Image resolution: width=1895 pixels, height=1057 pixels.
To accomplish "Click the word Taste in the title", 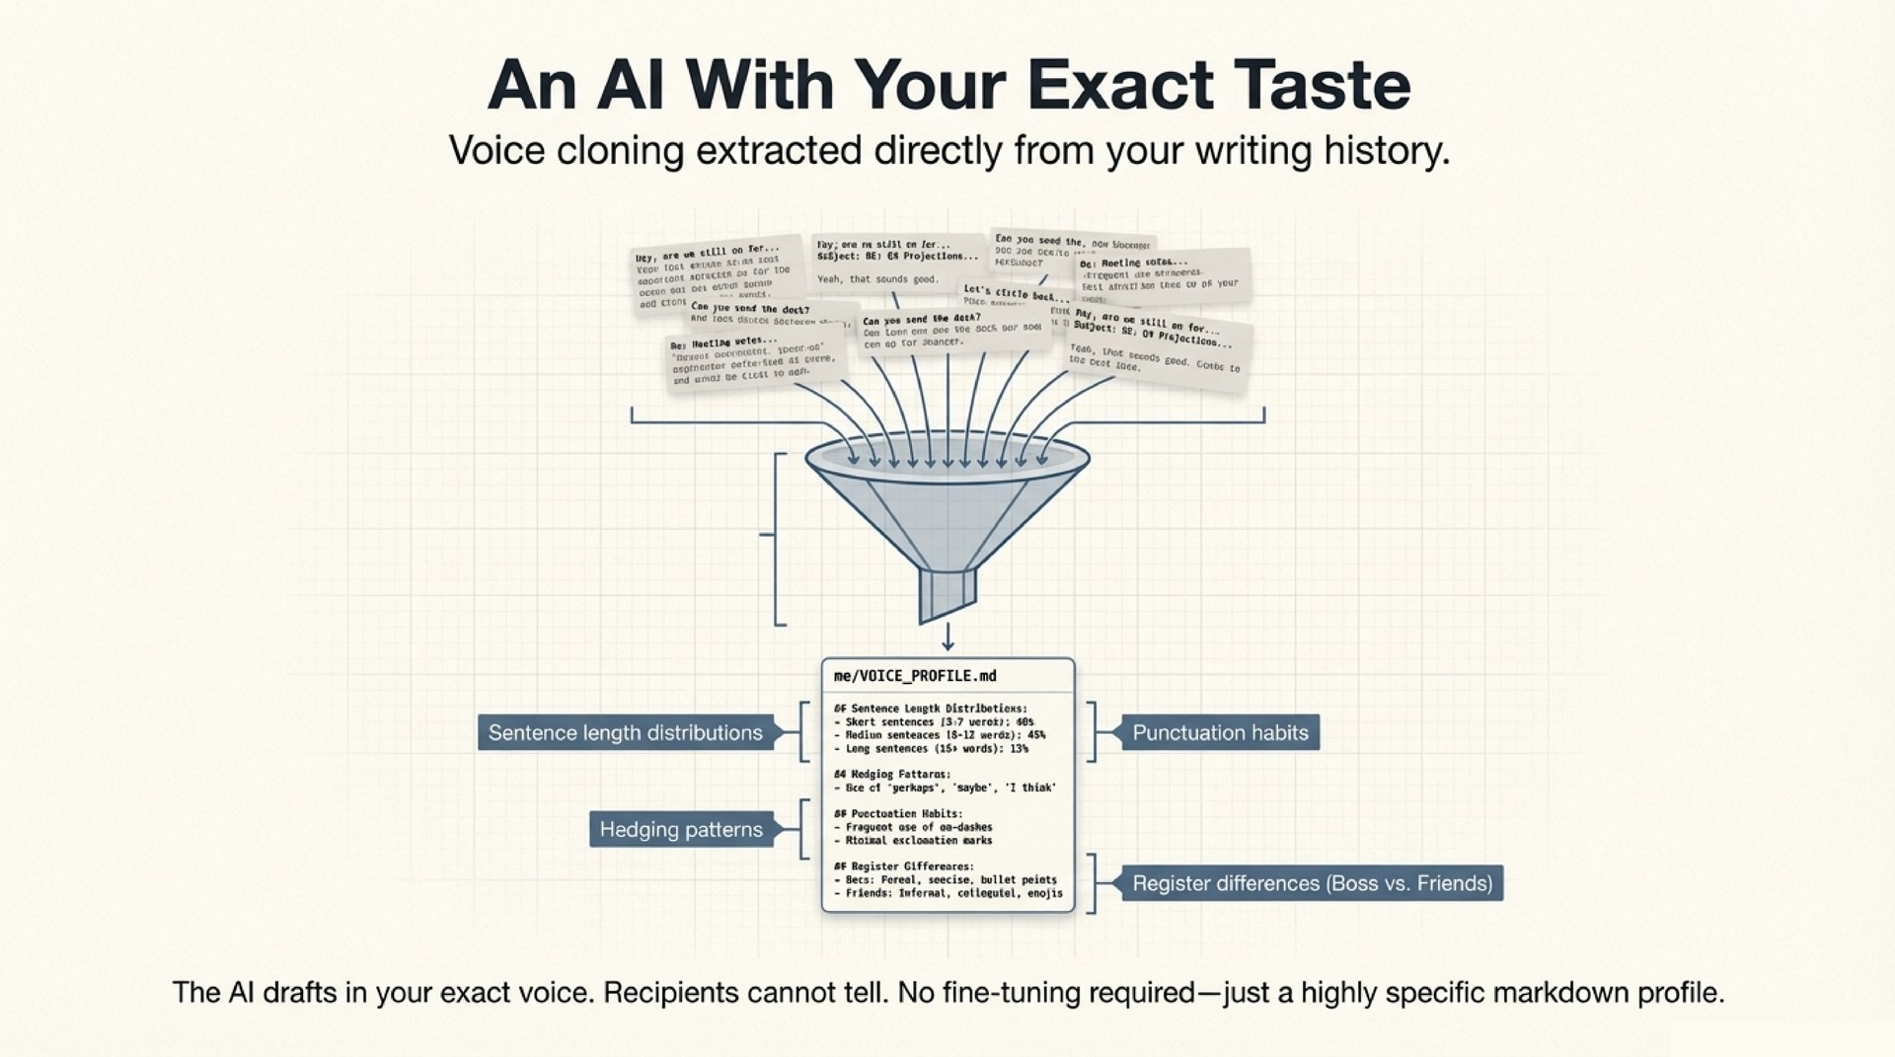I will [x=1322, y=86].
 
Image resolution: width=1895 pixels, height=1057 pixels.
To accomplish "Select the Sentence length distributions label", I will [x=625, y=733].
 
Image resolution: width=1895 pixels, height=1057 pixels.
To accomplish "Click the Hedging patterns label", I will [x=681, y=830].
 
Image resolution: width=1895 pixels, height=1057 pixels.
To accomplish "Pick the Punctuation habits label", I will [x=1220, y=733].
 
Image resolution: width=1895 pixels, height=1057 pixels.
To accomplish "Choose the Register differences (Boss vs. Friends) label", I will [x=1312, y=883].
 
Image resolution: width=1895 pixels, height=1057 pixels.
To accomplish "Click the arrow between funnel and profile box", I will [x=947, y=638].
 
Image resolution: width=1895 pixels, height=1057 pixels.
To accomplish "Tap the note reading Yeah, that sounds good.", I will [x=877, y=279].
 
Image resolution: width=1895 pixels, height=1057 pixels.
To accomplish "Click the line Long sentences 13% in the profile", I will [x=931, y=749].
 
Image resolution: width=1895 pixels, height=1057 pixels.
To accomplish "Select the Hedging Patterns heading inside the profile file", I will [x=893, y=775].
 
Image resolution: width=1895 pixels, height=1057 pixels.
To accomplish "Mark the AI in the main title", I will [x=632, y=86].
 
